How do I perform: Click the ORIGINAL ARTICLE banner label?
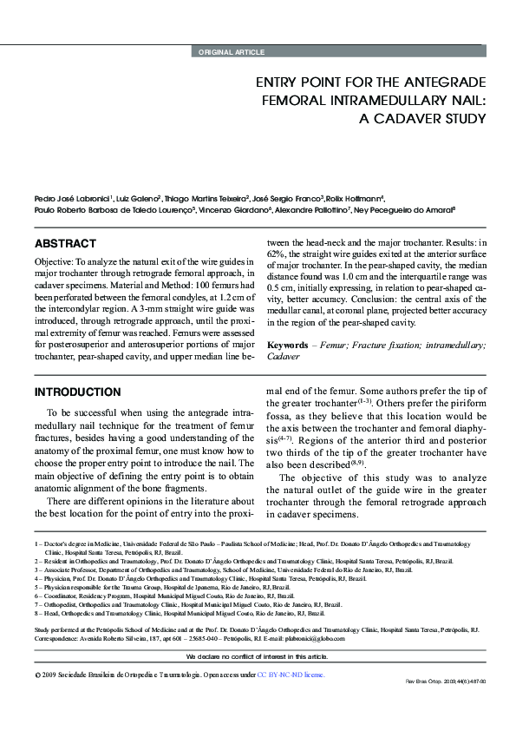click(x=232, y=52)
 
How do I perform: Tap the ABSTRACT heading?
click(x=65, y=244)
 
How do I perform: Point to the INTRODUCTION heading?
click(x=77, y=392)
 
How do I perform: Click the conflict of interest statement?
click(x=258, y=657)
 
